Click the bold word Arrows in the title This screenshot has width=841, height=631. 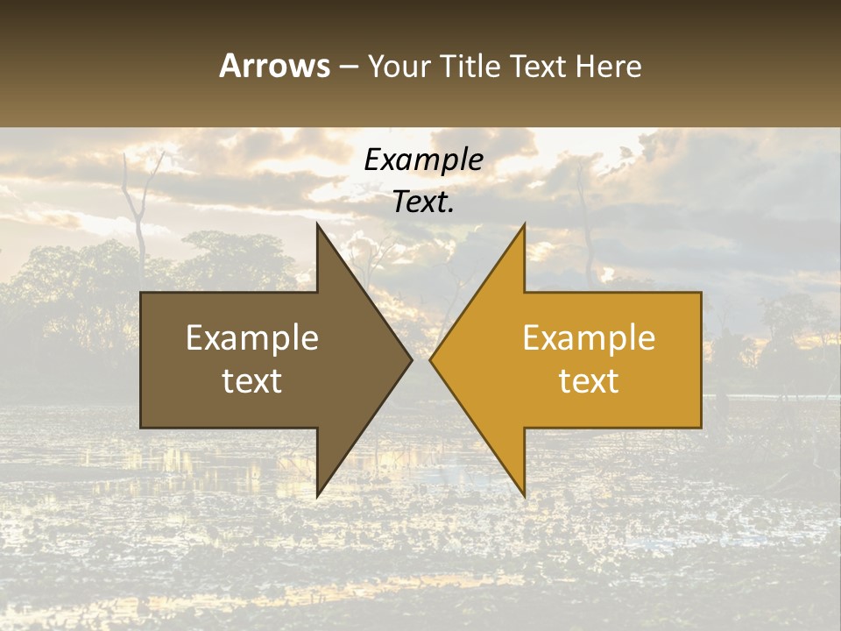tap(275, 66)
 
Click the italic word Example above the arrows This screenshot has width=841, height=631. tap(424, 160)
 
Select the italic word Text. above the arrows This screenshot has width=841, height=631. tap(424, 202)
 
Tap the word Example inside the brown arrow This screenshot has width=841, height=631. tap(252, 337)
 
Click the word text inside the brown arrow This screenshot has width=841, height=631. tap(252, 381)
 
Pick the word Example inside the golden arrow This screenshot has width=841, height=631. tap(589, 337)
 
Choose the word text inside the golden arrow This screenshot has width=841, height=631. tap(589, 381)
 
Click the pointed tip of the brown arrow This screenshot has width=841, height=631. tap(411, 359)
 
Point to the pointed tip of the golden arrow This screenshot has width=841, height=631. tap(431, 359)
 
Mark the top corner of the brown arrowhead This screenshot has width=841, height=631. tap(318, 225)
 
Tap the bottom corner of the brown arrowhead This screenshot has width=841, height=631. tap(318, 495)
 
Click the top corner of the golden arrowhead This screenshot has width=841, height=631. tap(524, 225)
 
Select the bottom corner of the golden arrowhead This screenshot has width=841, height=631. tap(524, 495)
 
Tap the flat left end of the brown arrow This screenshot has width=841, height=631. tap(142, 359)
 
